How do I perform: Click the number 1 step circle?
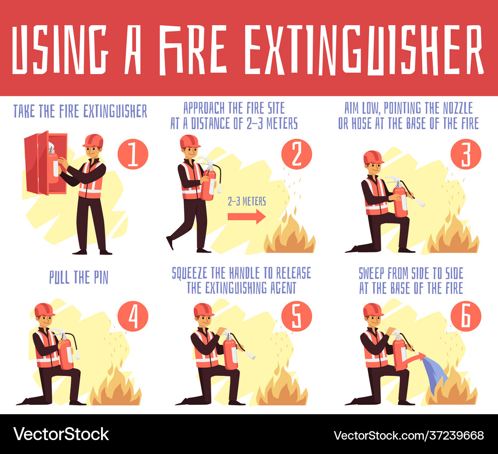pyautogui.click(x=133, y=155)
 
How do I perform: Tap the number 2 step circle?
pyautogui.click(x=297, y=155)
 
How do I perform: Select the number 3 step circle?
pyautogui.click(x=466, y=155)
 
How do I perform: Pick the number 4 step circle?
pyautogui.click(x=133, y=316)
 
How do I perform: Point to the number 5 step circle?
pyautogui.click(x=297, y=316)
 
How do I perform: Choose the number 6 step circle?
pyautogui.click(x=466, y=316)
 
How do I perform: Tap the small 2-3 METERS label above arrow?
pyautogui.click(x=247, y=201)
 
